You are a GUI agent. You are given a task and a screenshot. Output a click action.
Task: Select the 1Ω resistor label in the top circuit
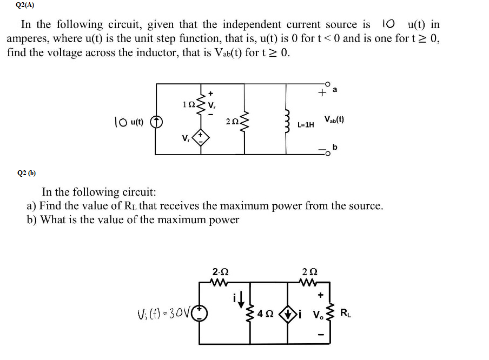coord(188,103)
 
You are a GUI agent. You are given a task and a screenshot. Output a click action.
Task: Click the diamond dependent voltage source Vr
coord(200,138)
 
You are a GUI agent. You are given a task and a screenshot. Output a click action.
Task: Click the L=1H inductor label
coord(306,125)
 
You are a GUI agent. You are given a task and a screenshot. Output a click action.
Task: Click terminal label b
coord(335,146)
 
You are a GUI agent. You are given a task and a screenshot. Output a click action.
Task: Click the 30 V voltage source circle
coord(200,314)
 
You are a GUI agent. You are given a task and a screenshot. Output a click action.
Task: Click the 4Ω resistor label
coord(266,314)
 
